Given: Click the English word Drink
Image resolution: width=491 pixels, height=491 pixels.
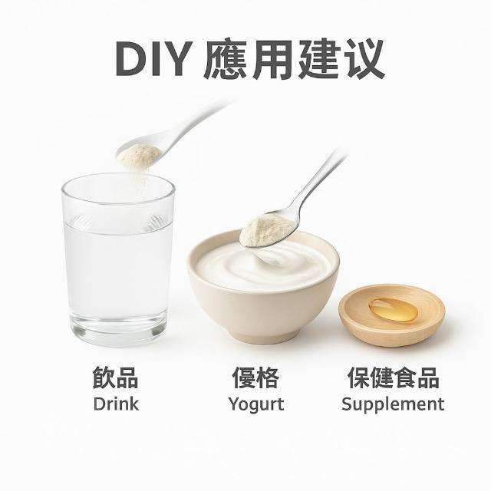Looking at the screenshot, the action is point(116,404).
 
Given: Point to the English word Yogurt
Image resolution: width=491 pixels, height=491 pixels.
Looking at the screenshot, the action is point(256,404).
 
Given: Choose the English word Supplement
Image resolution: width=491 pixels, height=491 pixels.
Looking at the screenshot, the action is point(393,404).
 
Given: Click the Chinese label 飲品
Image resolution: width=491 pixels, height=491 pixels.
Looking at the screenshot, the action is point(115,377).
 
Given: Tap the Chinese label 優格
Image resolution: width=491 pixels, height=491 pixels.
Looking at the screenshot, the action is point(255,377).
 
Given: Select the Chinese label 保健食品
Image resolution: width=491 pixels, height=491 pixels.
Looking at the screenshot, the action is point(394,377).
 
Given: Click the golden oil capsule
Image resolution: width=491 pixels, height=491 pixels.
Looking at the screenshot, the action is point(393,310).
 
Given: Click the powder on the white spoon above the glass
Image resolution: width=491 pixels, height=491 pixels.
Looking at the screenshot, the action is point(139,156).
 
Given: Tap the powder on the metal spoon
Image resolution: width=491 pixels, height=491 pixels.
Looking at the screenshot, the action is point(266,230).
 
